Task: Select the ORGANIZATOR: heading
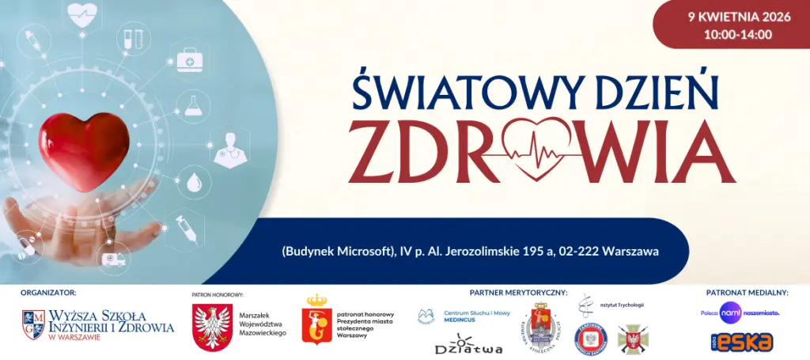tap(49, 292)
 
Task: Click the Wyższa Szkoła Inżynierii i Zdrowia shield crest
tap(33, 324)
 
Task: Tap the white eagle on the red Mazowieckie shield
tap(210, 326)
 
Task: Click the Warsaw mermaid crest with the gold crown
tap(316, 320)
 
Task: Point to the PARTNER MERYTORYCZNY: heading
tap(518, 292)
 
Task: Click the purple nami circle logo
tap(730, 313)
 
